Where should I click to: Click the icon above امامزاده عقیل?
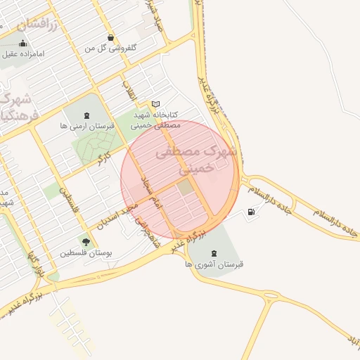point(23,42)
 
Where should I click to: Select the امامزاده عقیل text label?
point(23,53)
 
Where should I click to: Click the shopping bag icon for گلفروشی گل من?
point(110,37)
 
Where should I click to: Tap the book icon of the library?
point(155,104)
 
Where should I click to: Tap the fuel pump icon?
point(252,212)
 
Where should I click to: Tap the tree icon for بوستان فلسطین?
point(86,242)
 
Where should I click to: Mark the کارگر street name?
point(105,153)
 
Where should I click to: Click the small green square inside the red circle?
point(184,187)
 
